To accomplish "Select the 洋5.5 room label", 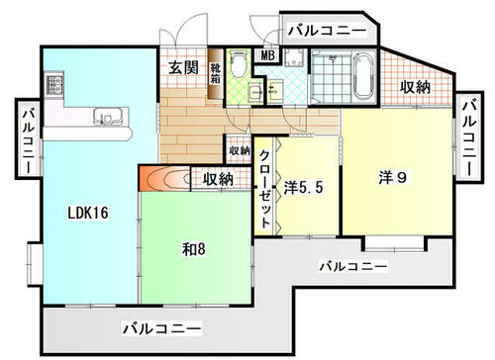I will pos(305,185).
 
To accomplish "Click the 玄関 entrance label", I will pos(181,67).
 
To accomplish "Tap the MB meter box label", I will pos(268,55).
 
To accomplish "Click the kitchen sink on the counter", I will pos(104,119).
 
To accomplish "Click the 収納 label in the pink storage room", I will pos(414,87).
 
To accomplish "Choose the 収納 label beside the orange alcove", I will pos(218,179).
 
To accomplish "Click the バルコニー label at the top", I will pos(326,31).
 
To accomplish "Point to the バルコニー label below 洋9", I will pos(354,266).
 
